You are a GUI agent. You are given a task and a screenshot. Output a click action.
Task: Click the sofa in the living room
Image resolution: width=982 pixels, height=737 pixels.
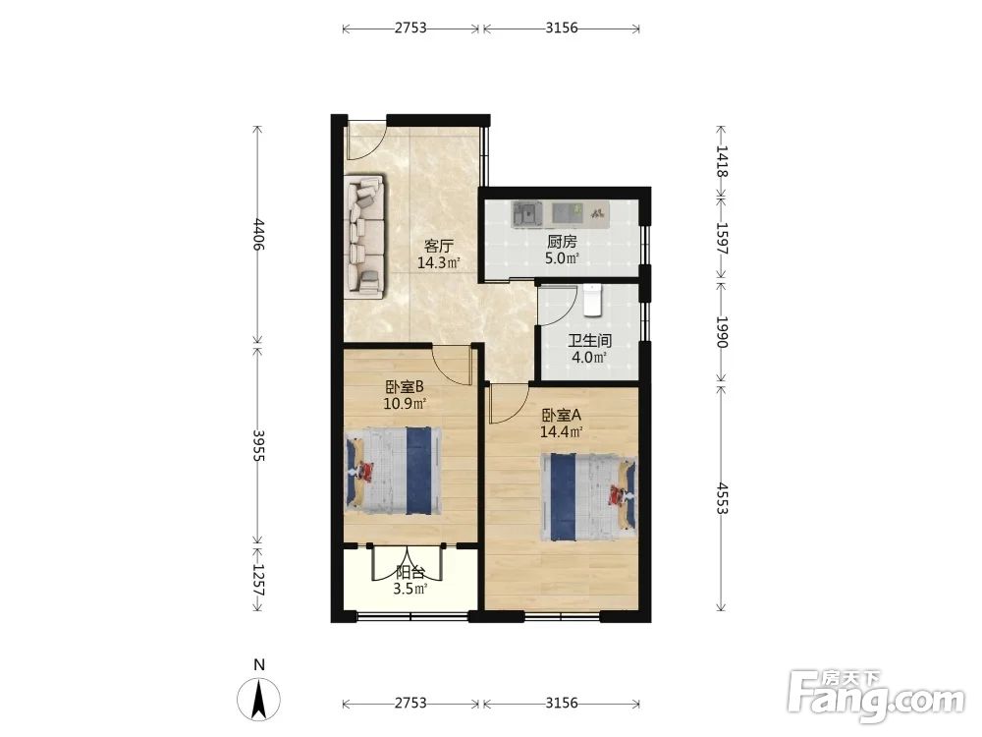click(364, 235)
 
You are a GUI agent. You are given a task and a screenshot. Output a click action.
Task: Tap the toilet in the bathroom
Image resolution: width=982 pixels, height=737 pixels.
click(592, 299)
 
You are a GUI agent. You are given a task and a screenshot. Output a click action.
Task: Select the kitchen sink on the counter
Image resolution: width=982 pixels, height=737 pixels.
click(527, 213)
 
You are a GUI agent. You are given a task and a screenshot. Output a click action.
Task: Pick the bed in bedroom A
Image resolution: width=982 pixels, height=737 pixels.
click(588, 497)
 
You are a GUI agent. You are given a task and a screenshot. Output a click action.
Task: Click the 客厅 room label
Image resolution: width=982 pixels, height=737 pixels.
click(438, 245)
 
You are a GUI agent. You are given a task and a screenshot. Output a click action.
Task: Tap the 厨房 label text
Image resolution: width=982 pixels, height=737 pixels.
click(561, 241)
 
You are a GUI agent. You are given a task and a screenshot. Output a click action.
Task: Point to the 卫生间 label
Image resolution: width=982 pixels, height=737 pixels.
click(589, 341)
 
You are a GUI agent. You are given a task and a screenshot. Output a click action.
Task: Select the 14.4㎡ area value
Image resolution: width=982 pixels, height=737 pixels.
click(561, 431)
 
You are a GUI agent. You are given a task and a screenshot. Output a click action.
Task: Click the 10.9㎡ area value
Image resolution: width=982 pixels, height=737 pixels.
click(405, 404)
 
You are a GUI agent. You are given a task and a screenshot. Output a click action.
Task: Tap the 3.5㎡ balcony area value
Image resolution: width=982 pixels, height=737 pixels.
click(410, 589)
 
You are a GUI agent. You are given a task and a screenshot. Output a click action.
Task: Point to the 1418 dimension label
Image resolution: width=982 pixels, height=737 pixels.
click(722, 161)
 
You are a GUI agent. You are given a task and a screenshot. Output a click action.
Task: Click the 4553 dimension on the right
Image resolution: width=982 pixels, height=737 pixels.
click(722, 498)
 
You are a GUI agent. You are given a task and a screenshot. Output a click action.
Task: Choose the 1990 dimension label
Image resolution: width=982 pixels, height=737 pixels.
click(722, 331)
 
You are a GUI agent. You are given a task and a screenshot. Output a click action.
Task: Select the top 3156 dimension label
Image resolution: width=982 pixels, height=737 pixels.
click(561, 28)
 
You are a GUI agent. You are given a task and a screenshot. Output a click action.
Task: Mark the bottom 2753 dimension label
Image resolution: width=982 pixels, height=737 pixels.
click(410, 704)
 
